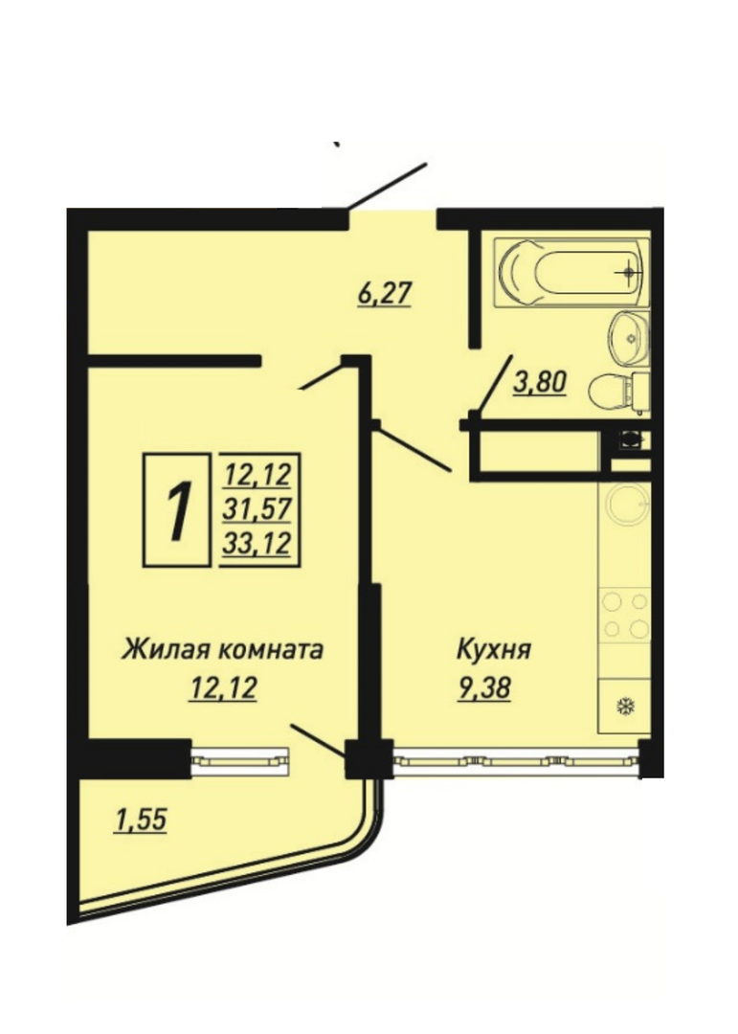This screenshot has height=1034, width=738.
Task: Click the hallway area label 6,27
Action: [x=385, y=293]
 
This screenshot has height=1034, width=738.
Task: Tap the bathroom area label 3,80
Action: [x=540, y=382]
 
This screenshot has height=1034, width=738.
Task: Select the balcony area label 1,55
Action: [x=141, y=820]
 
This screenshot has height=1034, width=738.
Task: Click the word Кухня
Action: [x=494, y=649]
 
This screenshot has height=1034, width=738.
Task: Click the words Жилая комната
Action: [x=222, y=649]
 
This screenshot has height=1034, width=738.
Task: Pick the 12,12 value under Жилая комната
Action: [x=222, y=689]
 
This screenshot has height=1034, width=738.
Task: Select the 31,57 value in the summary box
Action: [x=257, y=509]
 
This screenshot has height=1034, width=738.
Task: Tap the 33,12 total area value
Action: [x=257, y=544]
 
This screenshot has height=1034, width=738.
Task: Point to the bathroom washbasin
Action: [x=629, y=338]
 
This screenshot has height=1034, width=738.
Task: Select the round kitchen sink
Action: [x=628, y=505]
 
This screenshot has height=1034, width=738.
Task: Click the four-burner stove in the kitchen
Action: [x=624, y=615]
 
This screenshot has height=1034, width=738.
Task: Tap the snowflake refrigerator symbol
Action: [x=624, y=708]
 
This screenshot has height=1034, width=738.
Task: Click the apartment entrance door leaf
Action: [x=387, y=186]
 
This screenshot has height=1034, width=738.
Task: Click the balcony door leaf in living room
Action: [x=318, y=741]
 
